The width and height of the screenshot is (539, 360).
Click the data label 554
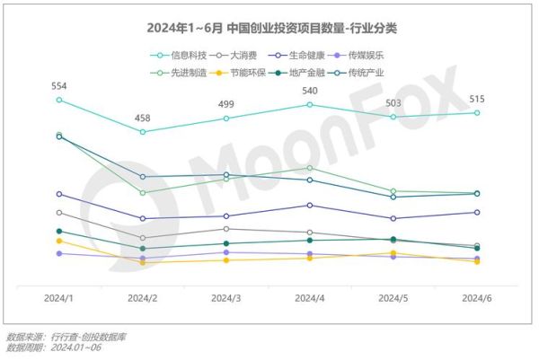tap(59, 86)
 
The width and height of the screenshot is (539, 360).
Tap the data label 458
tap(143, 119)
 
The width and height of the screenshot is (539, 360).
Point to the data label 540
tap(310, 91)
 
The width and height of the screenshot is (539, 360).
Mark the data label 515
tap(476, 99)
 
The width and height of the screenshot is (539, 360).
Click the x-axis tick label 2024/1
tap(59, 298)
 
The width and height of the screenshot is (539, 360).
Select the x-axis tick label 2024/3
tap(226, 298)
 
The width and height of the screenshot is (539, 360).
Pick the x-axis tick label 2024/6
tap(476, 298)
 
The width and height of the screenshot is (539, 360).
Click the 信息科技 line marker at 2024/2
tap(143, 132)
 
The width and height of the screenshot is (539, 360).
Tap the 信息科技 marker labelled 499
tap(226, 119)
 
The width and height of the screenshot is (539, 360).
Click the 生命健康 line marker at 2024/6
tap(476, 212)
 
